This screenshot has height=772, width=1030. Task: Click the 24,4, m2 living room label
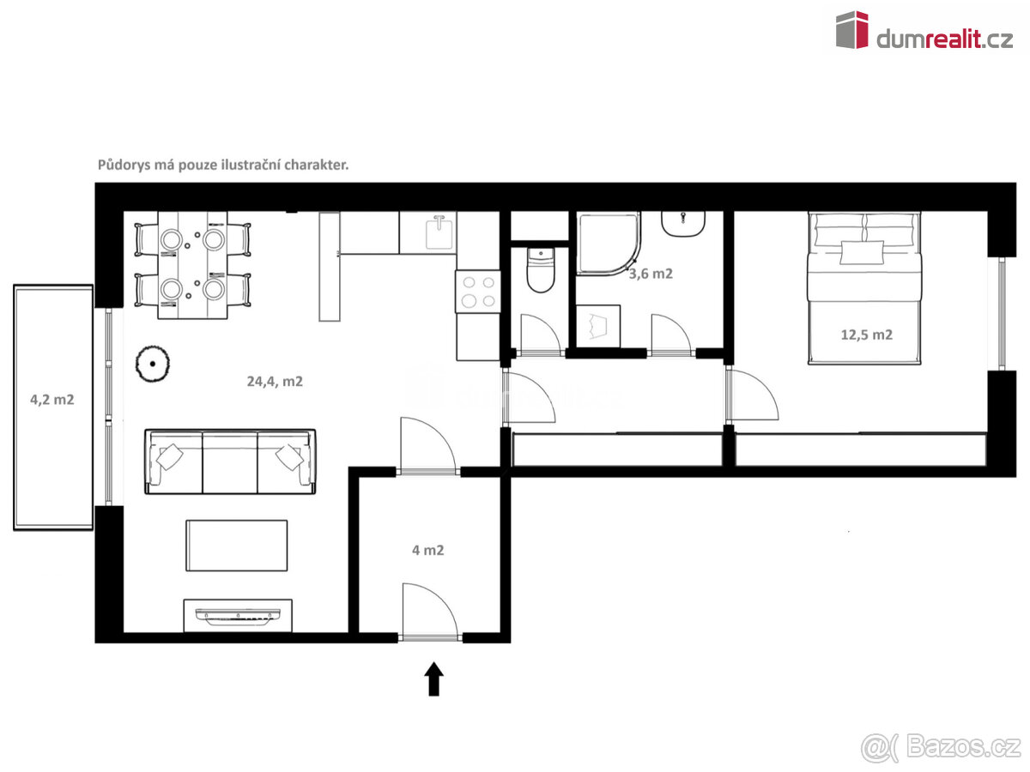(275, 382)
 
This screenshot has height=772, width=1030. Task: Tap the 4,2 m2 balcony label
(52, 400)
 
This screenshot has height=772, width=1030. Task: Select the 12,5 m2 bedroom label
(866, 335)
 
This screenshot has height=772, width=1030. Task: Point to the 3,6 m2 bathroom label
(651, 274)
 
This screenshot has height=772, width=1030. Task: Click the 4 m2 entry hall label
(428, 550)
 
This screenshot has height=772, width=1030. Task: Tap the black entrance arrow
(433, 679)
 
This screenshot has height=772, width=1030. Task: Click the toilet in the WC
(541, 269)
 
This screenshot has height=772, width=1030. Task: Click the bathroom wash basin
(683, 224)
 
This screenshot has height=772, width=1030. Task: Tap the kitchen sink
(439, 233)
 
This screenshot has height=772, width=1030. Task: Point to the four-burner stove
(478, 292)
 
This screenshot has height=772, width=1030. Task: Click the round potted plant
(153, 364)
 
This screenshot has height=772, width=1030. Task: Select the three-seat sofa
(230, 461)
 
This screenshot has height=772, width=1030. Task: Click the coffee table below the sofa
(237, 546)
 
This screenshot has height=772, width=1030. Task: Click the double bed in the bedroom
(864, 288)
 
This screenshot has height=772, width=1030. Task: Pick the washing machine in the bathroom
(598, 326)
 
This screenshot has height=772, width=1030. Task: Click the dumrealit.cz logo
(924, 31)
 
